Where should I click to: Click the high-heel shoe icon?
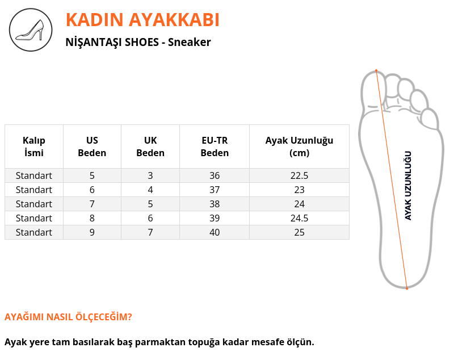31,30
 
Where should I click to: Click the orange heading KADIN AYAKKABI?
142,20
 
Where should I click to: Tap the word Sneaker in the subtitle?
190,42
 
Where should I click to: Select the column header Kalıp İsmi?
34,146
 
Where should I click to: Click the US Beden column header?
92,146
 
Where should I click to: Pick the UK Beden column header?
150,146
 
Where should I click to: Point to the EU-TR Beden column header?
215,146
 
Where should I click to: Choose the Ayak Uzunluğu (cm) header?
300,146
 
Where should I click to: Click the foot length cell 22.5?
300,175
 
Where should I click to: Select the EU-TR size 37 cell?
215,190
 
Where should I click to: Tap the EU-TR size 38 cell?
215,204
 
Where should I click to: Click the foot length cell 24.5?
300,218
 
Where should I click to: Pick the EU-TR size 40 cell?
215,232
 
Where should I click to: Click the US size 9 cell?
92,232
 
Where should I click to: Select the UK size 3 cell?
150,175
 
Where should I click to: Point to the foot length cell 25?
300,232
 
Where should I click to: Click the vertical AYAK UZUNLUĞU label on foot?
407,186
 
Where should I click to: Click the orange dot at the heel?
407,288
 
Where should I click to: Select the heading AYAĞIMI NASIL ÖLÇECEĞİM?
68,316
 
